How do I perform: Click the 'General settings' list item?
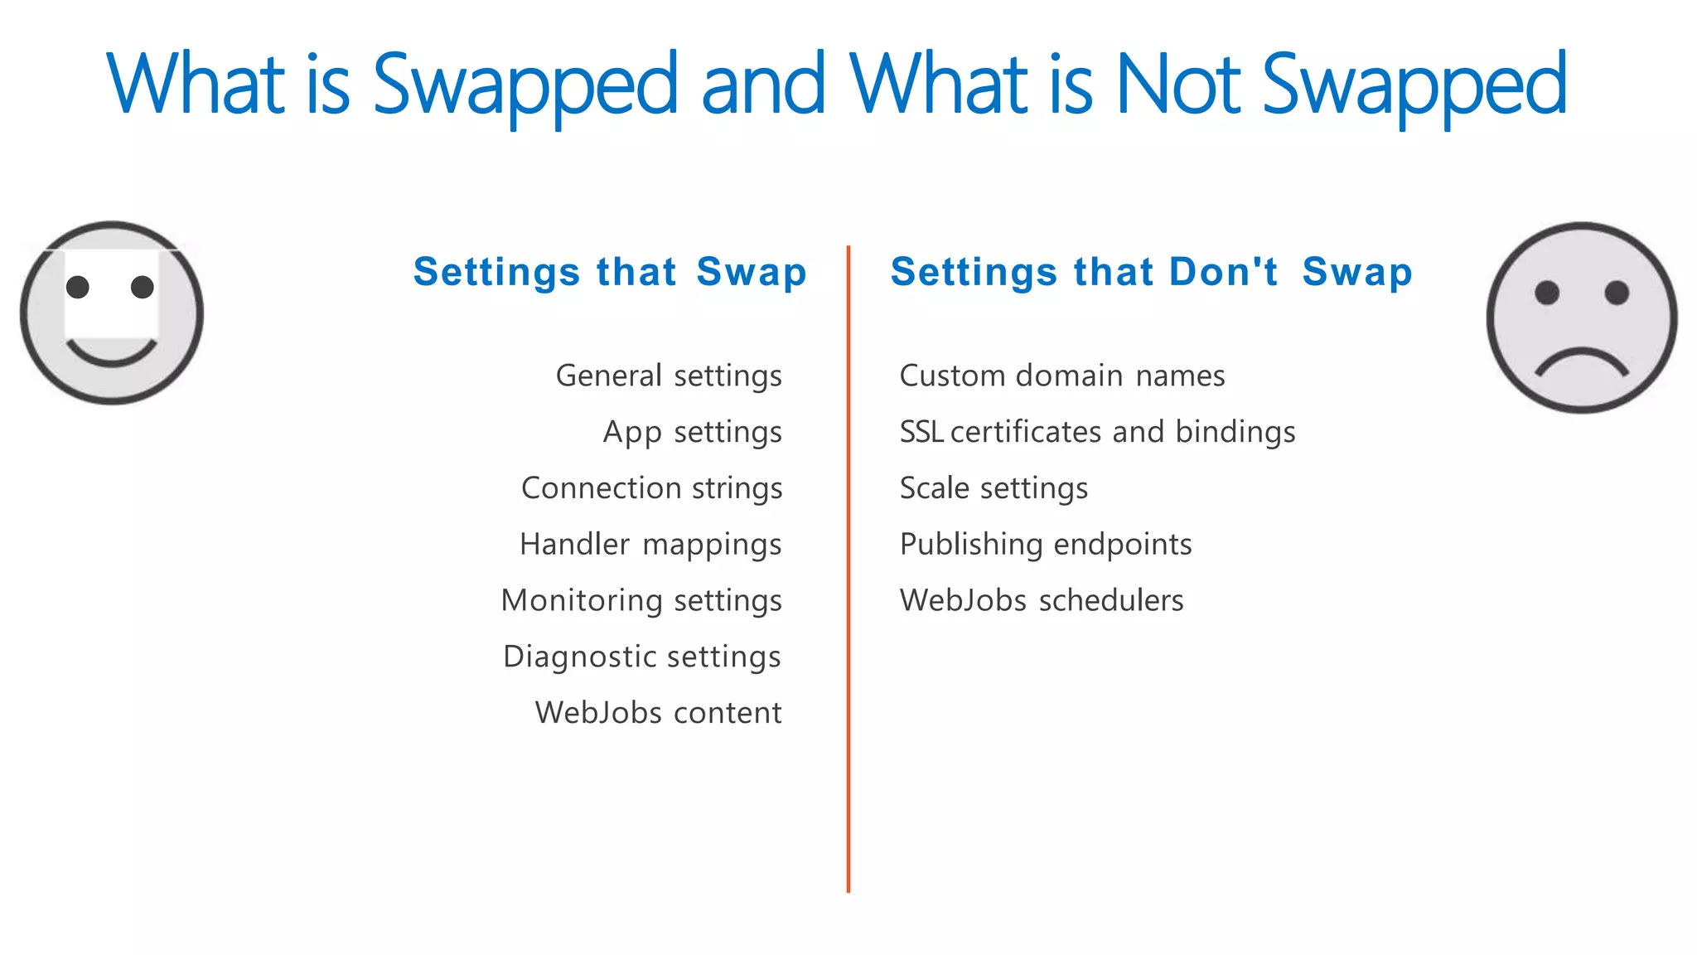tap(669, 376)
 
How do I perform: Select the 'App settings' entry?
tap(692, 433)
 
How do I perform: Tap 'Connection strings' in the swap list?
tap(651, 489)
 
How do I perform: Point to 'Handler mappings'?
tap(650, 545)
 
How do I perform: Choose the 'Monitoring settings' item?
tap(641, 601)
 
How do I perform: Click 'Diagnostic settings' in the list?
tap(642, 657)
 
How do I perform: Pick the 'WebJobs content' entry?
tap(658, 713)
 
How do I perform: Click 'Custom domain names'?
tap(1061, 376)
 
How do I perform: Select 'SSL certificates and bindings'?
tap(1097, 433)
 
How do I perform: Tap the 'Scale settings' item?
tap(994, 489)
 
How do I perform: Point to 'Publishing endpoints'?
tap(1046, 545)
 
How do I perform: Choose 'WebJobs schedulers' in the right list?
tap(1042, 601)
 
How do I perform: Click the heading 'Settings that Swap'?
tap(610, 273)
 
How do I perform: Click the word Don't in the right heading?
tap(1223, 272)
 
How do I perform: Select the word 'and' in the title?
tap(763, 85)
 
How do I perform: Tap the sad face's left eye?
tap(1547, 293)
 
